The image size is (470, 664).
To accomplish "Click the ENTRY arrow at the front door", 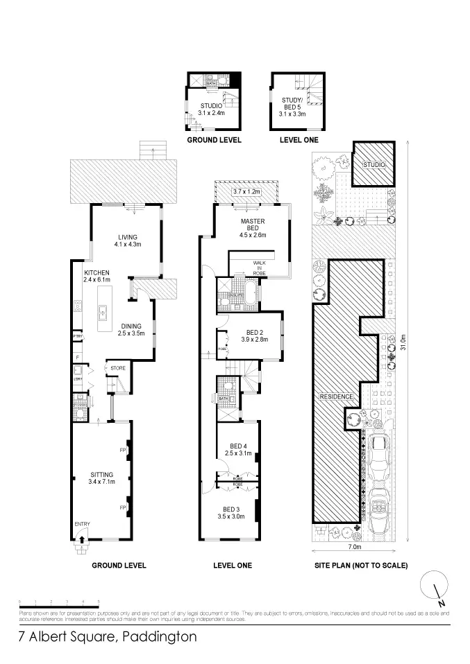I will (82, 534).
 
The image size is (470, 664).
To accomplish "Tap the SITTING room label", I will (101, 478).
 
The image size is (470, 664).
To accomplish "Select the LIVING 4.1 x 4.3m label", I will (127, 240).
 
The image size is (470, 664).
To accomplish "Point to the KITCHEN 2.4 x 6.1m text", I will (97, 277).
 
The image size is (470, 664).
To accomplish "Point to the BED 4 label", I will (237, 449).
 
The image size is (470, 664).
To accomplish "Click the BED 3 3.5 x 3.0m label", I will (231, 512).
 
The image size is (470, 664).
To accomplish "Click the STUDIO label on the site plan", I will (374, 166).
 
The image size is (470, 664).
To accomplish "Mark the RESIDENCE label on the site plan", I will (337, 396).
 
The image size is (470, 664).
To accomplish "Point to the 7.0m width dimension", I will (355, 545).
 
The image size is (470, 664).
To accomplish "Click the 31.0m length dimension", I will (402, 343).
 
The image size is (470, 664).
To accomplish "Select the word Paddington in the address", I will (159, 636).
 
